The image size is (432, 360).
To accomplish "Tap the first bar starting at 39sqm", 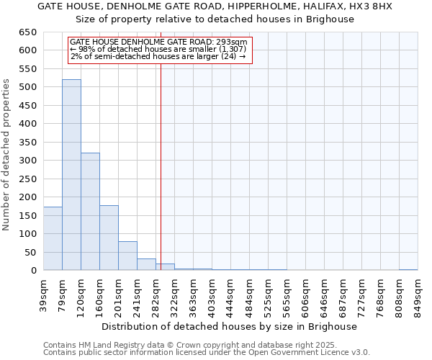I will [53, 238].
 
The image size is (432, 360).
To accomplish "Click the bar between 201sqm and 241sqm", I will [127, 256].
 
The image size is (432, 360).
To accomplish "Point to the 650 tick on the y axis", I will [28, 32].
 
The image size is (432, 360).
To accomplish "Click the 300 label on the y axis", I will [28, 161].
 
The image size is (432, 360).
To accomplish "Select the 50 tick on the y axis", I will [31, 253].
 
